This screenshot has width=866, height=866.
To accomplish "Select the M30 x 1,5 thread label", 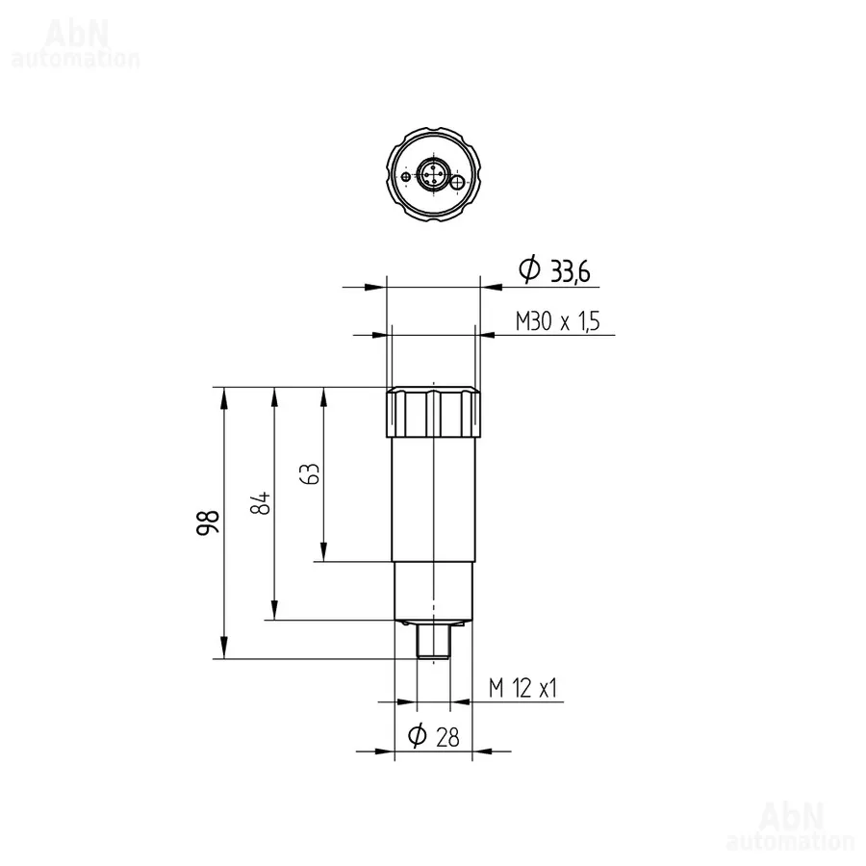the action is pyautogui.click(x=557, y=320).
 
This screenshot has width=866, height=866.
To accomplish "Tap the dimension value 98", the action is pyautogui.click(x=208, y=522).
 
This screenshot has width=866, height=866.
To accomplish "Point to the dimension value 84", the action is pyautogui.click(x=261, y=502).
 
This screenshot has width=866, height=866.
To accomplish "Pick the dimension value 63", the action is pyautogui.click(x=310, y=473).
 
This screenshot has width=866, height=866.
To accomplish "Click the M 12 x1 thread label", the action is pyautogui.click(x=522, y=688).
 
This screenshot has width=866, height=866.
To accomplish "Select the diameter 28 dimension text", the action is pyautogui.click(x=434, y=736).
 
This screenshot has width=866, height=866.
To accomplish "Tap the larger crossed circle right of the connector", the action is pyautogui.click(x=458, y=182).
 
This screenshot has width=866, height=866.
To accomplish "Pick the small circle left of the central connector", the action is pyautogui.click(x=406, y=177).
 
